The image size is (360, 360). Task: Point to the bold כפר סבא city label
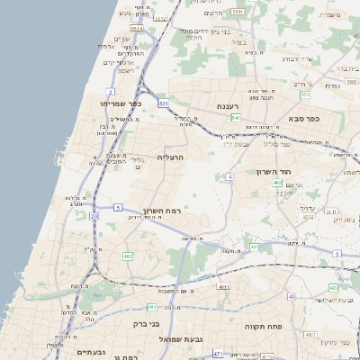click(306, 118)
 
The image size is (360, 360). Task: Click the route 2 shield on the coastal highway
click(110, 92)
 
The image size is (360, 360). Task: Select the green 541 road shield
click(235, 117)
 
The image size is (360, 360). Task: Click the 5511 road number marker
click(237, 12)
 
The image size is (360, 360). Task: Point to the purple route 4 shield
click(229, 177)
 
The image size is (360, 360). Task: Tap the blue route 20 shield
click(94, 216)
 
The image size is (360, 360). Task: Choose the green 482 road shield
click(127, 256)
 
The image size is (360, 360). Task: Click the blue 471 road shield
click(218, 355)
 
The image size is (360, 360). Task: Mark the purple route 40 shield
click(292, 296)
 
